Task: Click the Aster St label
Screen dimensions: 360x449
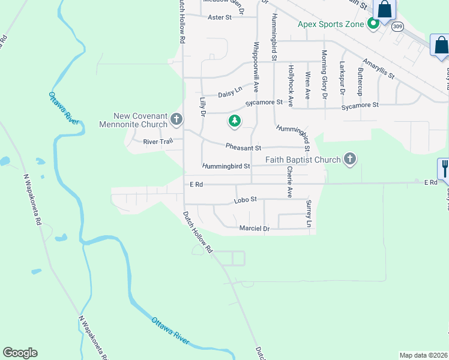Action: (219, 17)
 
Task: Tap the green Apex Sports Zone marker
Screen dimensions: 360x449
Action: (373, 24)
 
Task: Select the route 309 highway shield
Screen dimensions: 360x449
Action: (397, 27)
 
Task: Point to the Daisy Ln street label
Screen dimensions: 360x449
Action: (230, 92)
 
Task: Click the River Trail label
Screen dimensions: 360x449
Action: (158, 142)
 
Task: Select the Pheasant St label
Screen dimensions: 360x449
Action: (243, 147)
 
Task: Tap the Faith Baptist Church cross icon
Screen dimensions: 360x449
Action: (350, 160)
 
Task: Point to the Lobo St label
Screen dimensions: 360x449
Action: (245, 199)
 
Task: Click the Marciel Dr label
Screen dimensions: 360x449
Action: (255, 229)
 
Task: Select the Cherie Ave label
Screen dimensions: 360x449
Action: (289, 182)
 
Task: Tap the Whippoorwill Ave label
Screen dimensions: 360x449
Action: (256, 66)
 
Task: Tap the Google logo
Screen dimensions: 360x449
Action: (20, 353)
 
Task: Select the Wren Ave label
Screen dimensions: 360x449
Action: (308, 85)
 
